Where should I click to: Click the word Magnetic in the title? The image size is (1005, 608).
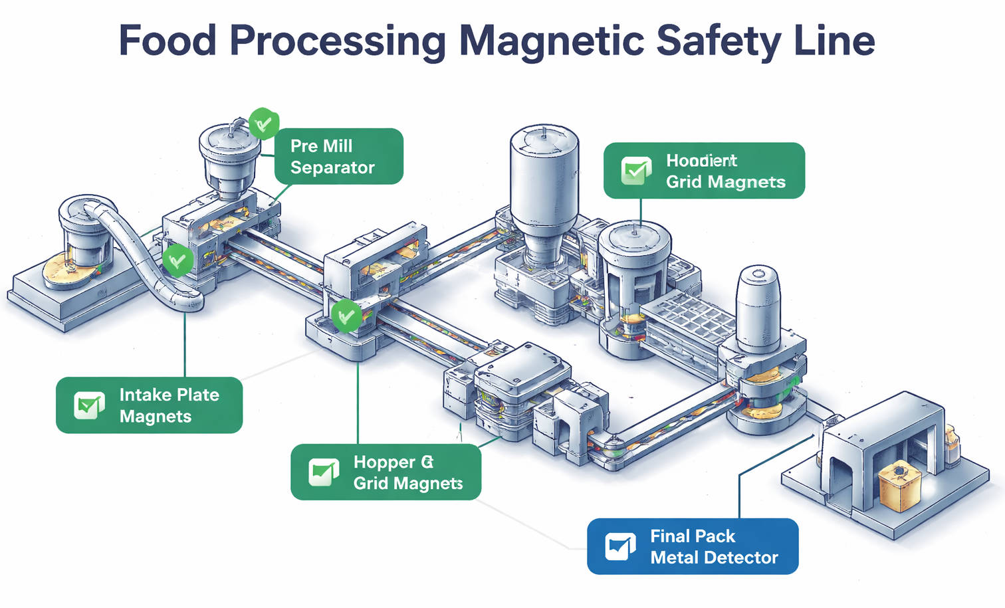point(551,41)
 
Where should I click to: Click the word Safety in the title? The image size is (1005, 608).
point(719,41)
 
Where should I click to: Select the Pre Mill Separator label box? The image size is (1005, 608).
point(338,156)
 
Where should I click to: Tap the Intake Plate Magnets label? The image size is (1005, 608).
point(150,405)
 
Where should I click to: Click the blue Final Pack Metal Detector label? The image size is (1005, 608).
point(693,546)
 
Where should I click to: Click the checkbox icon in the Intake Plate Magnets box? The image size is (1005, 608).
point(89,405)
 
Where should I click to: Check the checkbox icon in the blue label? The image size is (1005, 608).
point(620,546)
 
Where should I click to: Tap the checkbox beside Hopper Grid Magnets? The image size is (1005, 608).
point(324,472)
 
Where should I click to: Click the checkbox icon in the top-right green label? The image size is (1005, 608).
point(636,170)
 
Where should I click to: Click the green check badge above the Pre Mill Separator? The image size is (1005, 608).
point(264,123)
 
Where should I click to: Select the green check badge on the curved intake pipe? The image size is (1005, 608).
point(177,260)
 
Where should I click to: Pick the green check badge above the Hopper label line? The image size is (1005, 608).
point(346,316)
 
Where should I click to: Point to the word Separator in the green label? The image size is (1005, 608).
point(332,167)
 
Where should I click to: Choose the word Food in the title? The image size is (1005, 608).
point(167,41)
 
